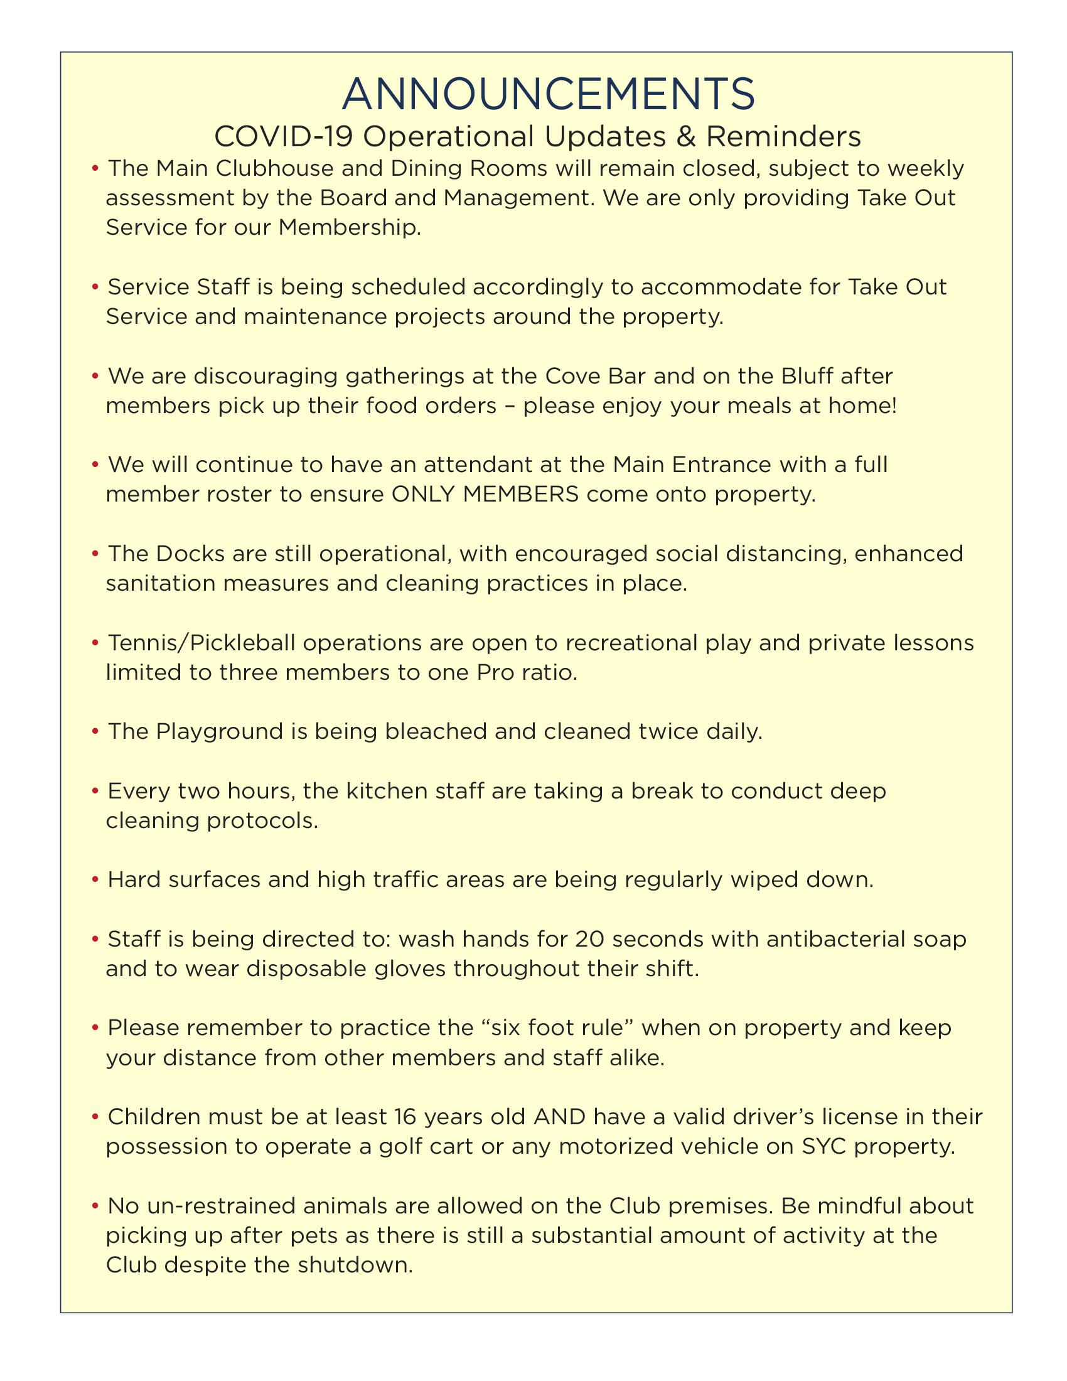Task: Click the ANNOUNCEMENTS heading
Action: point(548,94)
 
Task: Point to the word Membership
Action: point(349,228)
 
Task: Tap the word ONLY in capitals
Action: point(424,495)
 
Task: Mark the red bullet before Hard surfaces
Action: point(95,880)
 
